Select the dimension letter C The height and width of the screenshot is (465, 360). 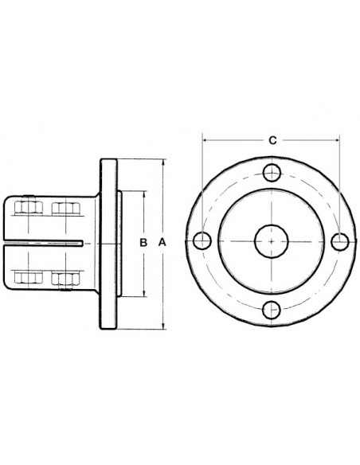tap(272, 140)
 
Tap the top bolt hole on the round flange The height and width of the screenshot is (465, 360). tap(272, 171)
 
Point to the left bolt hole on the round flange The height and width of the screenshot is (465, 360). tap(202, 240)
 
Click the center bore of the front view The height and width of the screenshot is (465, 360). tap(272, 240)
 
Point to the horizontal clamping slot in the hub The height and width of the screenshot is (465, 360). tap(56, 242)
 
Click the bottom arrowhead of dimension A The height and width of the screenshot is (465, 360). tap(163, 325)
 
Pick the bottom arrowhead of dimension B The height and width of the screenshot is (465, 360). tap(143, 291)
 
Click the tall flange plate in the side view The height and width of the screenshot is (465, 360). tap(108, 241)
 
